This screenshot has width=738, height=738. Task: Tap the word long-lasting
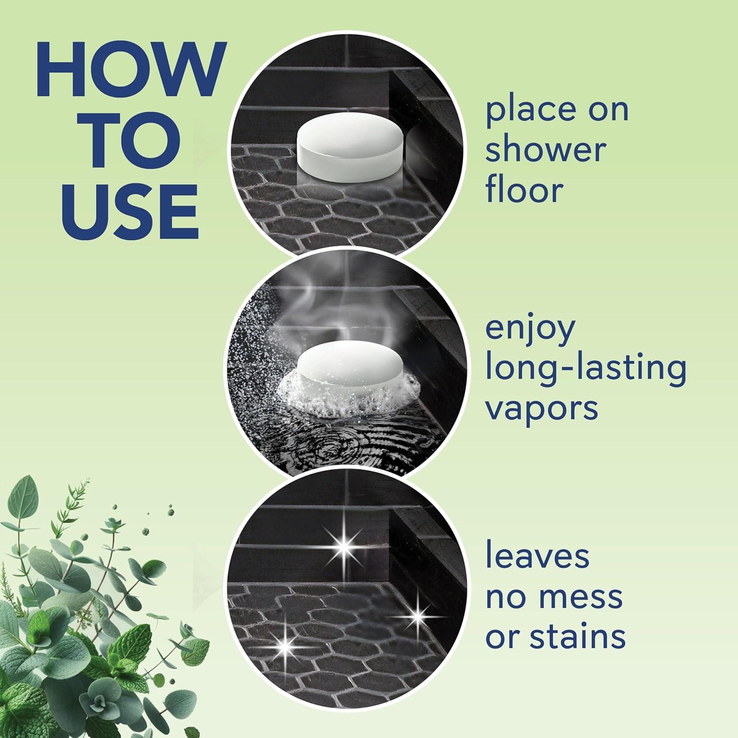(585, 369)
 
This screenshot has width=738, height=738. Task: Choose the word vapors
(542, 408)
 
